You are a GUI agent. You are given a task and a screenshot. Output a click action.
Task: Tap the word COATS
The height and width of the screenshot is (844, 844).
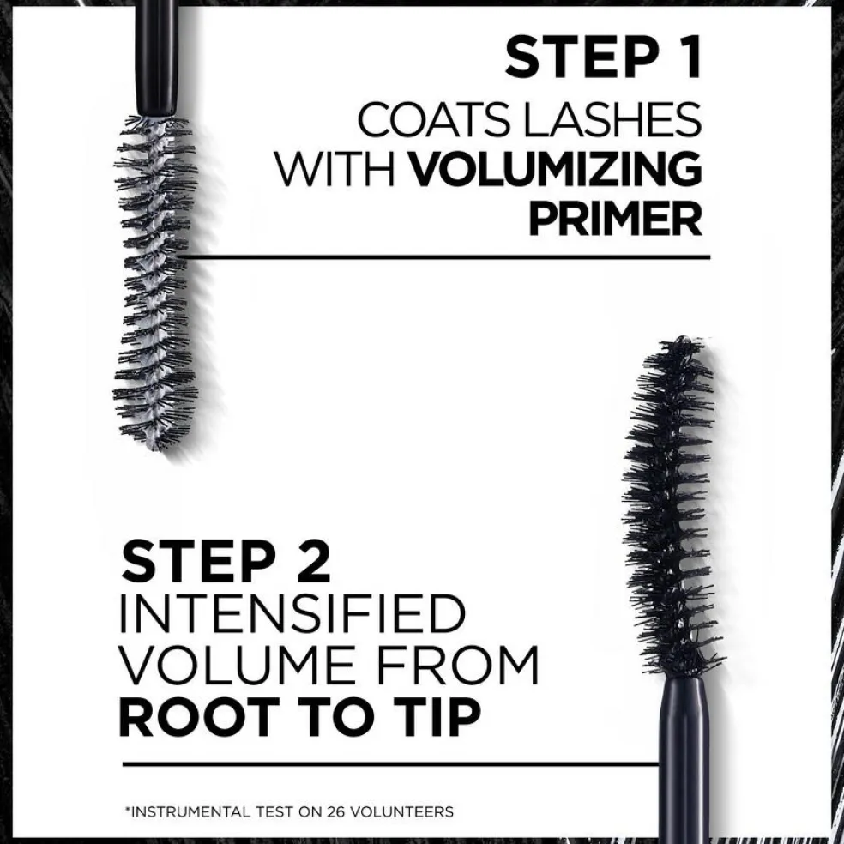pos(434,119)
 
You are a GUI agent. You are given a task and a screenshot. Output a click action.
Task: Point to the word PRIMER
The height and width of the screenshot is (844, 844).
pos(616,218)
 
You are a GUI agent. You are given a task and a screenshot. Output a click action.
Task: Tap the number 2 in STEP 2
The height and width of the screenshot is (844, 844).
pos(314,561)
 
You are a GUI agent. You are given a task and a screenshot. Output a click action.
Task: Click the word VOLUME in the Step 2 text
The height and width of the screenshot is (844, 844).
pos(236,665)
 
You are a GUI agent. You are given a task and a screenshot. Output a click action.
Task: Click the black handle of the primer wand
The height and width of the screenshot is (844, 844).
pos(157,57)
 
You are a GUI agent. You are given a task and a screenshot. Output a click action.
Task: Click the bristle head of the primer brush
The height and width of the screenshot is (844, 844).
pos(155,282)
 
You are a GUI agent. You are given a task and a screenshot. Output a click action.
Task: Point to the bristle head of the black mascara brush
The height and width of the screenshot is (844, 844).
pos(672,506)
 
